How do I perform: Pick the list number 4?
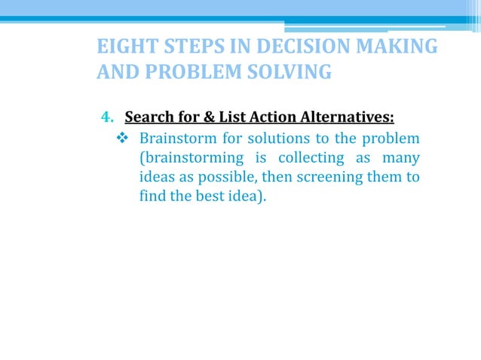pos(106,117)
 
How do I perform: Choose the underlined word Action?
pos(269,117)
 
